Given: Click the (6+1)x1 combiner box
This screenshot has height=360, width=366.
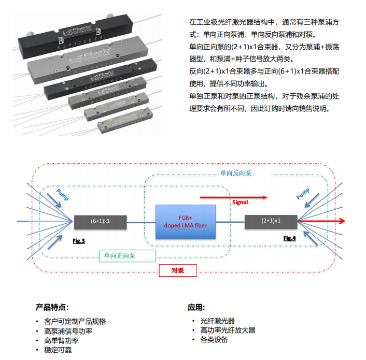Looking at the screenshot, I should [x=101, y=221].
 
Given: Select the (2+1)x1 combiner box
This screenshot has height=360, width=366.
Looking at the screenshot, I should [x=270, y=221].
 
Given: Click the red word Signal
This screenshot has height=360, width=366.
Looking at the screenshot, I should [x=240, y=201].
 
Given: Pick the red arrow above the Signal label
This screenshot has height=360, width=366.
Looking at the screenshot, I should [x=233, y=197].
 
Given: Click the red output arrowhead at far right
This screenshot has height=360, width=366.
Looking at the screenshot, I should [x=342, y=221].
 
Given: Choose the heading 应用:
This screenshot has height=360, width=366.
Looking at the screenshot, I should [x=196, y=307].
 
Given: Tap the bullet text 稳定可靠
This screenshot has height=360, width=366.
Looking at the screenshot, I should [x=58, y=350].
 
